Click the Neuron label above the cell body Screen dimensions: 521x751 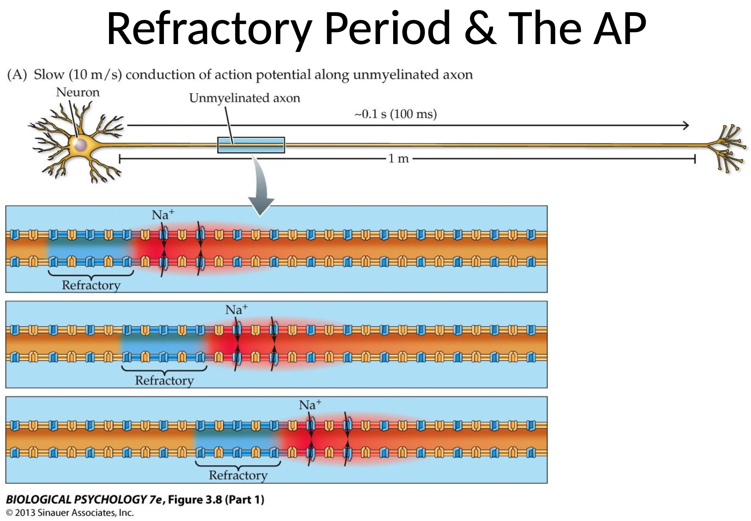[78, 92]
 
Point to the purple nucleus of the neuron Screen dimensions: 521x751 [80, 145]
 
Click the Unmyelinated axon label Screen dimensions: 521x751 [244, 98]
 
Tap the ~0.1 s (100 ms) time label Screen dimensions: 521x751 [396, 114]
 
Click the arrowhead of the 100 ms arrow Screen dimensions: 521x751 [686, 125]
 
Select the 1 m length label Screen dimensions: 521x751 [398, 159]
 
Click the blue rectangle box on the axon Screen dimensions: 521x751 [251, 145]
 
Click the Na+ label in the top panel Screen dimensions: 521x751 [163, 215]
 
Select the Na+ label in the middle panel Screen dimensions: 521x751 [236, 310]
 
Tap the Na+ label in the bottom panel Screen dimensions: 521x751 [310, 405]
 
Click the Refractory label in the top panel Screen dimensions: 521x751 [91, 285]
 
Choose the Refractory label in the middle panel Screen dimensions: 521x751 [164, 380]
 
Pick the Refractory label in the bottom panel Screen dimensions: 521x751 [238, 475]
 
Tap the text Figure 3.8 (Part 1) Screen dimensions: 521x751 [216, 500]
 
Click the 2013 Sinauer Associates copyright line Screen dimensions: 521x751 [70, 513]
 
